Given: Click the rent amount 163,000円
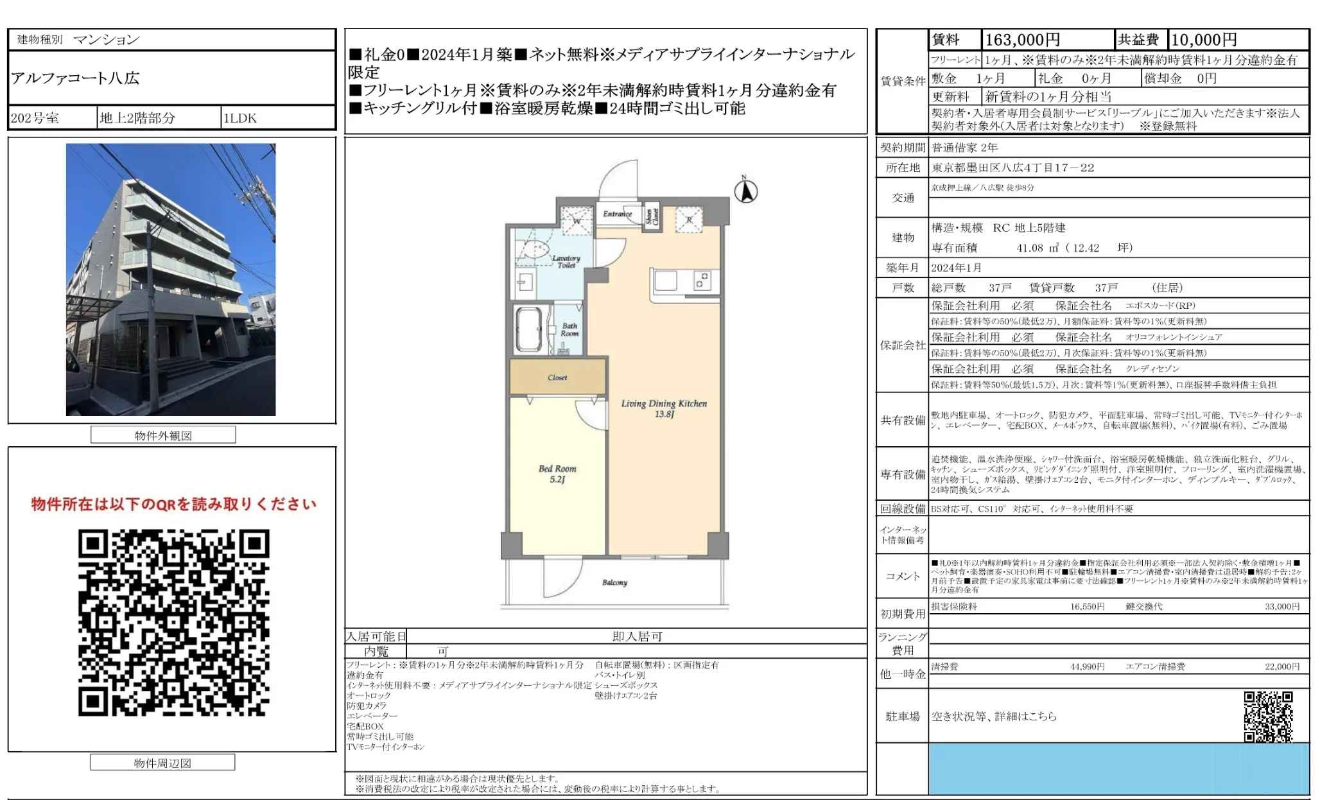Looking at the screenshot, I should pyautogui.click(x=1022, y=40).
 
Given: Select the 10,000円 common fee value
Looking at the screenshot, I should pyautogui.click(x=1204, y=40).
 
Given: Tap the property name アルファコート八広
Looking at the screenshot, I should pyautogui.click(x=75, y=78).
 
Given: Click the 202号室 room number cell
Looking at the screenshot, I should pyautogui.click(x=35, y=118).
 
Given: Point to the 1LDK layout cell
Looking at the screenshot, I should pyautogui.click(x=240, y=118).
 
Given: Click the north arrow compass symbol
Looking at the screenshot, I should pyautogui.click(x=745, y=191).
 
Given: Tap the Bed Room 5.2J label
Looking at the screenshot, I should pyautogui.click(x=557, y=474).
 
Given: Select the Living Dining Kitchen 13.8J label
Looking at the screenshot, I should pyautogui.click(x=664, y=408).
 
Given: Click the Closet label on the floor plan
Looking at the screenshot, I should pyautogui.click(x=557, y=378).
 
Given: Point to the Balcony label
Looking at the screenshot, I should pyautogui.click(x=614, y=582).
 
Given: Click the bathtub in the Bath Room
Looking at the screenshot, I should pyautogui.click(x=529, y=330).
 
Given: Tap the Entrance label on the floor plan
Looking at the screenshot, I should pyautogui.click(x=617, y=214).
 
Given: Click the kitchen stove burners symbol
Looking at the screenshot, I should pyautogui.click(x=703, y=281).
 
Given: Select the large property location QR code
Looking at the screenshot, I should pyautogui.click(x=173, y=622).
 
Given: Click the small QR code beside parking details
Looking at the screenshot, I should pyautogui.click(x=1268, y=717).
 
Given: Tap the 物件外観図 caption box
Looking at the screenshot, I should pyautogui.click(x=163, y=435).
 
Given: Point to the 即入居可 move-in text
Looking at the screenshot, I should pyautogui.click(x=637, y=636).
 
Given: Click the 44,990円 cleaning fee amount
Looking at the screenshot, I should pyautogui.click(x=1087, y=666).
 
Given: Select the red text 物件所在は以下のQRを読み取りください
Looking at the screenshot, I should pyautogui.click(x=173, y=504).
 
